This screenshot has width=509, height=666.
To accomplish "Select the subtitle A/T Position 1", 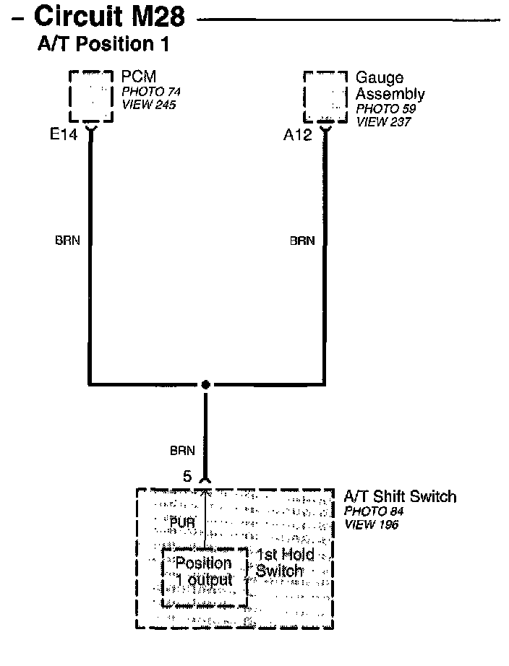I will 103,45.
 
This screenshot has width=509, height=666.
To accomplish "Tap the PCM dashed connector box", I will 91,97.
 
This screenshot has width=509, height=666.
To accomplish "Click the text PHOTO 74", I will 151,92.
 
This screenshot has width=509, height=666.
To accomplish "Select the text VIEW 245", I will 148,105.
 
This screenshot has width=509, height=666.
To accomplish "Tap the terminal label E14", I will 63,135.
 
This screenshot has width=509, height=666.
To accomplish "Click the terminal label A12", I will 297,135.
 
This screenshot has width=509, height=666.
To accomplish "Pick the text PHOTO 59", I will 385,109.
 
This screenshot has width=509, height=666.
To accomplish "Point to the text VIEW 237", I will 382,122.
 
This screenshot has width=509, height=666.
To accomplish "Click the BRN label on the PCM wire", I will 67,241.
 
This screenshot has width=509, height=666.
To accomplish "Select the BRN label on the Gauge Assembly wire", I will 302,241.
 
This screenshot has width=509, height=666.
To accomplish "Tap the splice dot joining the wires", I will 206,384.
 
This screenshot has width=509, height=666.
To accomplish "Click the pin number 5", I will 188,477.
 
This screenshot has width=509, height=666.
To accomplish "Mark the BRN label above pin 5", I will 182,451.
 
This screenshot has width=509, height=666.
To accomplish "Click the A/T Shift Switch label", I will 400,496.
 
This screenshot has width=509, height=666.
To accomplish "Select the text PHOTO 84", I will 374,511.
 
